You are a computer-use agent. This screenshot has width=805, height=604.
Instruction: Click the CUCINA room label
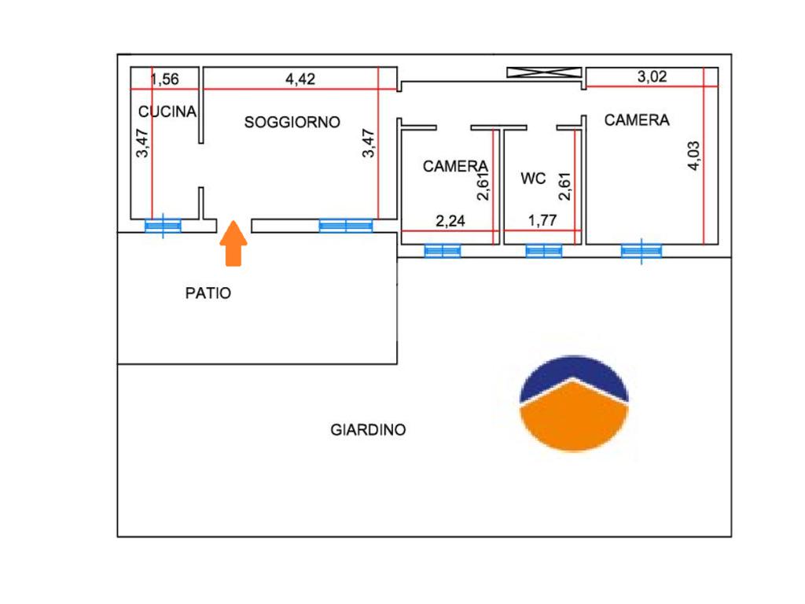(167, 112)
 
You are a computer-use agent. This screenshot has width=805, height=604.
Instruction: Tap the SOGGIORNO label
(292, 122)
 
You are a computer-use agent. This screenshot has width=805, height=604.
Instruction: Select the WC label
(533, 179)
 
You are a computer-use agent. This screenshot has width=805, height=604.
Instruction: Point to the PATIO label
(208, 293)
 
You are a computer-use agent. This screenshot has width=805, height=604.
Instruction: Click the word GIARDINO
(368, 430)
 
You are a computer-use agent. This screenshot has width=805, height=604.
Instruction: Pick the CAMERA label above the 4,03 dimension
(637, 120)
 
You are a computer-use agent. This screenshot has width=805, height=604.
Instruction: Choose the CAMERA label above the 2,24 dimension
(455, 166)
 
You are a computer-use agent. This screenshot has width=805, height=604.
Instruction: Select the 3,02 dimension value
(651, 76)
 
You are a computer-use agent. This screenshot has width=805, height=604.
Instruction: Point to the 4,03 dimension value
(693, 155)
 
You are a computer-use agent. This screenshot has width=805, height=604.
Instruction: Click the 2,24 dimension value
(450, 221)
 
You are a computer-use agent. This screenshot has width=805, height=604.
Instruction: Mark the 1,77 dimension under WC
(542, 221)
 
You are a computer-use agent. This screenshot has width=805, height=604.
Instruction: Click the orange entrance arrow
(233, 244)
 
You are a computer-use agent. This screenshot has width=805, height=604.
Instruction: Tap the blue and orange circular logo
(575, 403)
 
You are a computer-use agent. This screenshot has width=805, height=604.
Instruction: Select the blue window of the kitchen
(163, 226)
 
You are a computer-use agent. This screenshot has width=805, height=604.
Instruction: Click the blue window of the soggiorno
(346, 226)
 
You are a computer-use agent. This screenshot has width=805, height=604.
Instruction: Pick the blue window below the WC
(544, 251)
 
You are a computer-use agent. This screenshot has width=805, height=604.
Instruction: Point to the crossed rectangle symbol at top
(542, 72)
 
